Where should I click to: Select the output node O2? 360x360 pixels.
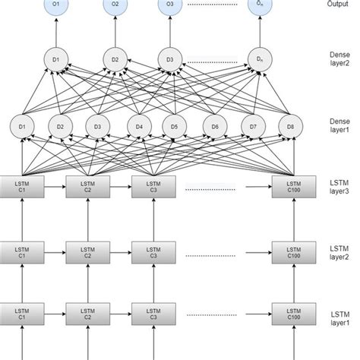115,5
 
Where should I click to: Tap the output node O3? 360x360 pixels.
169,5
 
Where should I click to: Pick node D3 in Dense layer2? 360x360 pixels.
169,58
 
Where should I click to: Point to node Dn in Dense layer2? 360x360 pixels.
258,58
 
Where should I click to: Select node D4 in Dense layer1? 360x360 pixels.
139,125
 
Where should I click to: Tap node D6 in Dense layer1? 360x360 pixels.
216,125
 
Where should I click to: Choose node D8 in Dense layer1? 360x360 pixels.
286,125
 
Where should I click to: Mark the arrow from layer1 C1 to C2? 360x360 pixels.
55,312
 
